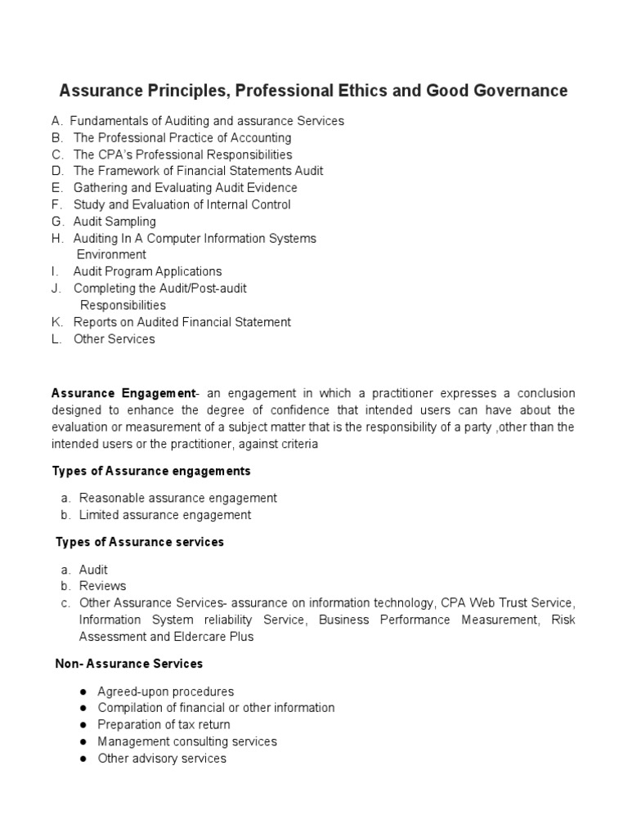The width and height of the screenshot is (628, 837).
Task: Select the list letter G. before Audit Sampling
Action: (x=57, y=222)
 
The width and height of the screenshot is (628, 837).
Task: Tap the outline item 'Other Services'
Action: (x=114, y=339)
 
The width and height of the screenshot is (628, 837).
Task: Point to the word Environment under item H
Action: (x=111, y=255)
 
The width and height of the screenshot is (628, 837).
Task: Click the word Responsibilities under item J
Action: (x=123, y=306)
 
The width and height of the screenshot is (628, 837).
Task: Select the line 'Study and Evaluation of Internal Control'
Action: (x=182, y=205)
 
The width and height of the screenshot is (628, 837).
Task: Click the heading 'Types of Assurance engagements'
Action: (x=151, y=472)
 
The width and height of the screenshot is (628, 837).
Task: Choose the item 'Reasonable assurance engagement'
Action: (x=177, y=498)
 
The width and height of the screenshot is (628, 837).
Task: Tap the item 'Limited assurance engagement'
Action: (x=164, y=515)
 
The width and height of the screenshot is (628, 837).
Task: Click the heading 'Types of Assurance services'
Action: (x=140, y=543)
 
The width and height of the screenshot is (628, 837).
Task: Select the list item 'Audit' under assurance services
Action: (x=93, y=570)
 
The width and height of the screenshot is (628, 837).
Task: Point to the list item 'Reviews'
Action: (x=102, y=586)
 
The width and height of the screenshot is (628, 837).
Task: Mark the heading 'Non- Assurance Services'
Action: (x=129, y=664)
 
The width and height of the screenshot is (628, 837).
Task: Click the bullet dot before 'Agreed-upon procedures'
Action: (x=84, y=692)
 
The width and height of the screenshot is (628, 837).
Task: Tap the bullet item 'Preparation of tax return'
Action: (x=164, y=725)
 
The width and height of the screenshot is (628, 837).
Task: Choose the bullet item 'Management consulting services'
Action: (x=186, y=741)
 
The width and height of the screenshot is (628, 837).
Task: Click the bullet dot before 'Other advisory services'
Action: (x=84, y=759)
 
